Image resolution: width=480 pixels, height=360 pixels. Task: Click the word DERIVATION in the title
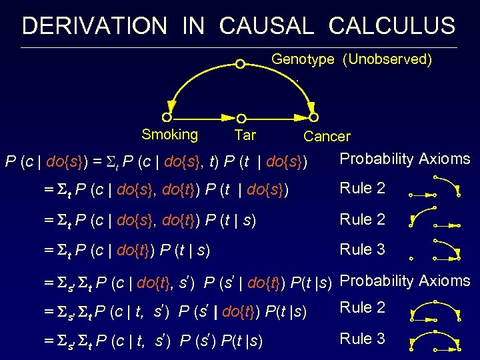94,26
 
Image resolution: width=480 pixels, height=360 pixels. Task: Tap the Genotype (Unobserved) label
351,59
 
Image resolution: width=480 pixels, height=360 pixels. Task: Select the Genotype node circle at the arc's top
240,64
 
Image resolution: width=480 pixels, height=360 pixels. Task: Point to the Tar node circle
240,118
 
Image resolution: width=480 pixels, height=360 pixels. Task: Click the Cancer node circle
312,118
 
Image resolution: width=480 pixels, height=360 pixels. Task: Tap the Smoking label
169,135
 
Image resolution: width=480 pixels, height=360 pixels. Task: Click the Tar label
245,135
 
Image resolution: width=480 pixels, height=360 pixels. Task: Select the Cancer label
327,137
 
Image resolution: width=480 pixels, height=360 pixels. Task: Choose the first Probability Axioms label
405,159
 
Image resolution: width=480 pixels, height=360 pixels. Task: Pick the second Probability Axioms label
405,281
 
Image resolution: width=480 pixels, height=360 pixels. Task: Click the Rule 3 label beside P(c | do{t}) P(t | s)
363,249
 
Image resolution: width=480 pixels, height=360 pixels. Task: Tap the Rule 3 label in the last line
363,339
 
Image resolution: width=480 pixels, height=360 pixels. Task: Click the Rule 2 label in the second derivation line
363,188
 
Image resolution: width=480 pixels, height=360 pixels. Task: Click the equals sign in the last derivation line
47,341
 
